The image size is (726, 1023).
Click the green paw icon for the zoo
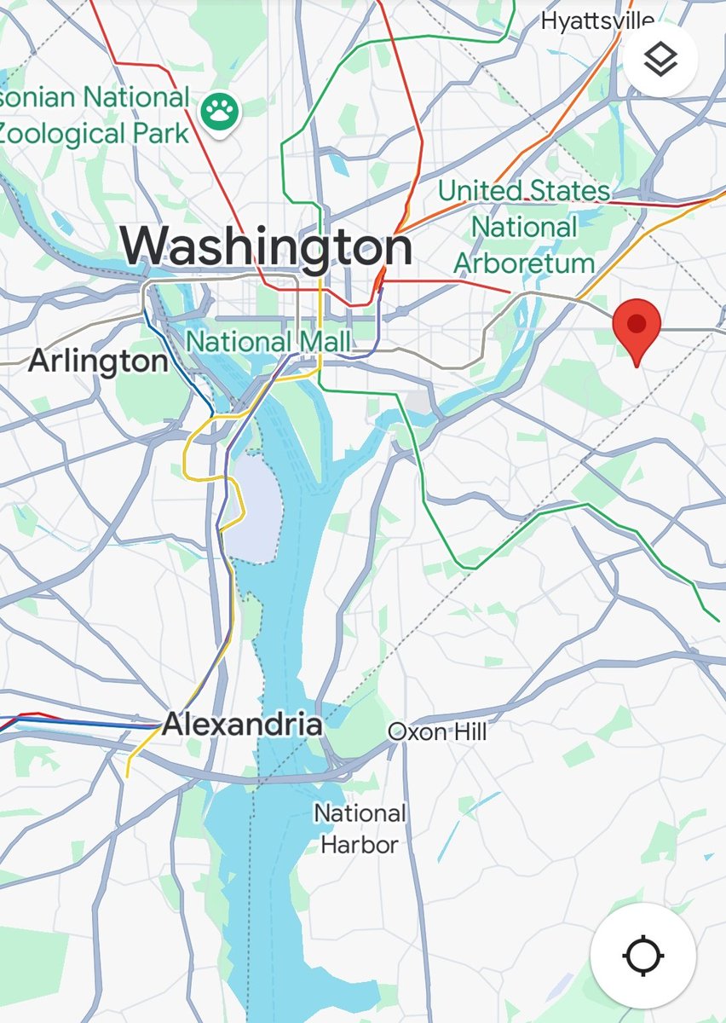[222, 110]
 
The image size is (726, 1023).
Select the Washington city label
[266, 245]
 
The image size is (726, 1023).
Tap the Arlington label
[98, 361]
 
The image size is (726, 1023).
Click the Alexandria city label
[242, 725]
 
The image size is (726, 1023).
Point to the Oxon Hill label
[437, 731]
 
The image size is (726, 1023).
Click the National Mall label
[268, 342]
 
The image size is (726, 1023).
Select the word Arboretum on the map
[524, 263]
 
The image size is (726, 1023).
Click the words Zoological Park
[94, 134]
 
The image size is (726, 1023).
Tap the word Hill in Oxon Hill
[469, 731]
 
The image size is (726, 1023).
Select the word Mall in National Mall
[323, 342]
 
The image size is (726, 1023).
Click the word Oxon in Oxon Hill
[417, 731]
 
